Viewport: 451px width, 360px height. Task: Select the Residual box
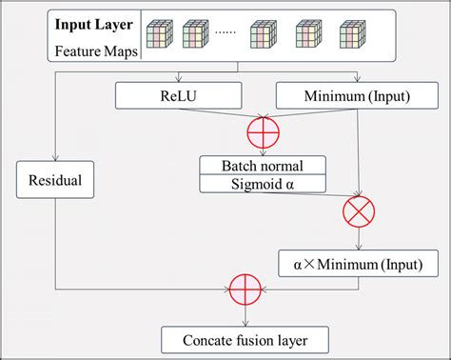click(56, 179)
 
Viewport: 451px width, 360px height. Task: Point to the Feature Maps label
click(94, 49)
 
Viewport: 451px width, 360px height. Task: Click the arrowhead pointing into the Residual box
click(56, 160)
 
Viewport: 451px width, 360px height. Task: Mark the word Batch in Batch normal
click(239, 164)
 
